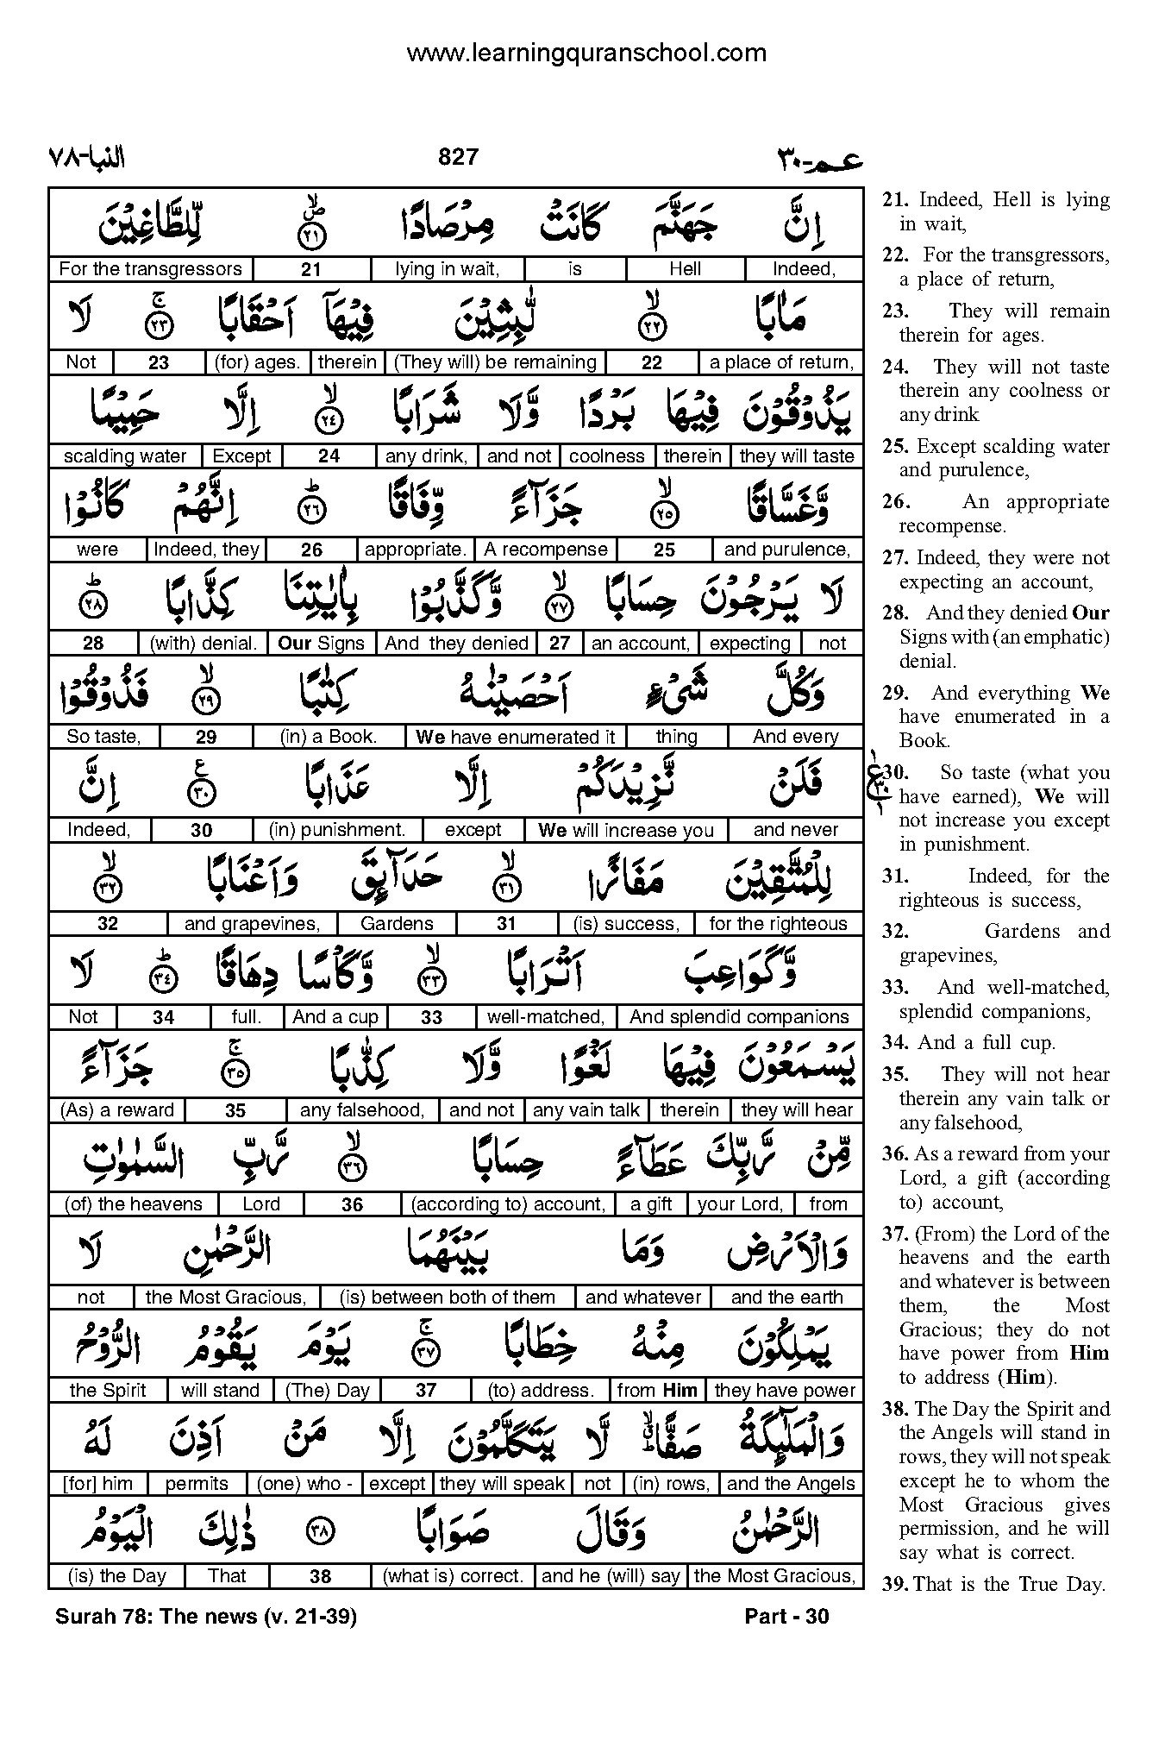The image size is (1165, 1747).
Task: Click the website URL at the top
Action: (586, 53)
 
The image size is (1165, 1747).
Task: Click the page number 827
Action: (458, 157)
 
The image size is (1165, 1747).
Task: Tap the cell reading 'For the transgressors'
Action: (151, 269)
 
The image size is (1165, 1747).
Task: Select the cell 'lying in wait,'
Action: (447, 269)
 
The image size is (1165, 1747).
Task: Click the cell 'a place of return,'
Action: (781, 362)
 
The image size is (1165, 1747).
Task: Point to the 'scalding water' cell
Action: (125, 456)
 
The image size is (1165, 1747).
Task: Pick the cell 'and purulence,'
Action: (787, 550)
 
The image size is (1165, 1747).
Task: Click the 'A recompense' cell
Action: (546, 550)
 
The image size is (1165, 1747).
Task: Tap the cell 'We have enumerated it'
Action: (516, 737)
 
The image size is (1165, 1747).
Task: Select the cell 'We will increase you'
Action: (626, 830)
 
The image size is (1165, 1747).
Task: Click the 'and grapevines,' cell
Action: (252, 924)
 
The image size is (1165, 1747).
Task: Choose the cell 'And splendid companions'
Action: (739, 1017)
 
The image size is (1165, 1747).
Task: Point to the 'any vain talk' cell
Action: (586, 1110)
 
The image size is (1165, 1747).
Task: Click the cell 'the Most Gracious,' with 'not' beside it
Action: (226, 1298)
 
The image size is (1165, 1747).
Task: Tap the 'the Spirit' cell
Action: (108, 1391)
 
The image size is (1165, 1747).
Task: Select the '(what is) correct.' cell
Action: (454, 1576)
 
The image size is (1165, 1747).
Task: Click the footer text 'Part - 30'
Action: (786, 1616)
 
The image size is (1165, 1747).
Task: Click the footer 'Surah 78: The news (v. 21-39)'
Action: (206, 1616)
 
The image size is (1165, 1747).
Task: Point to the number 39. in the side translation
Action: (893, 1584)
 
